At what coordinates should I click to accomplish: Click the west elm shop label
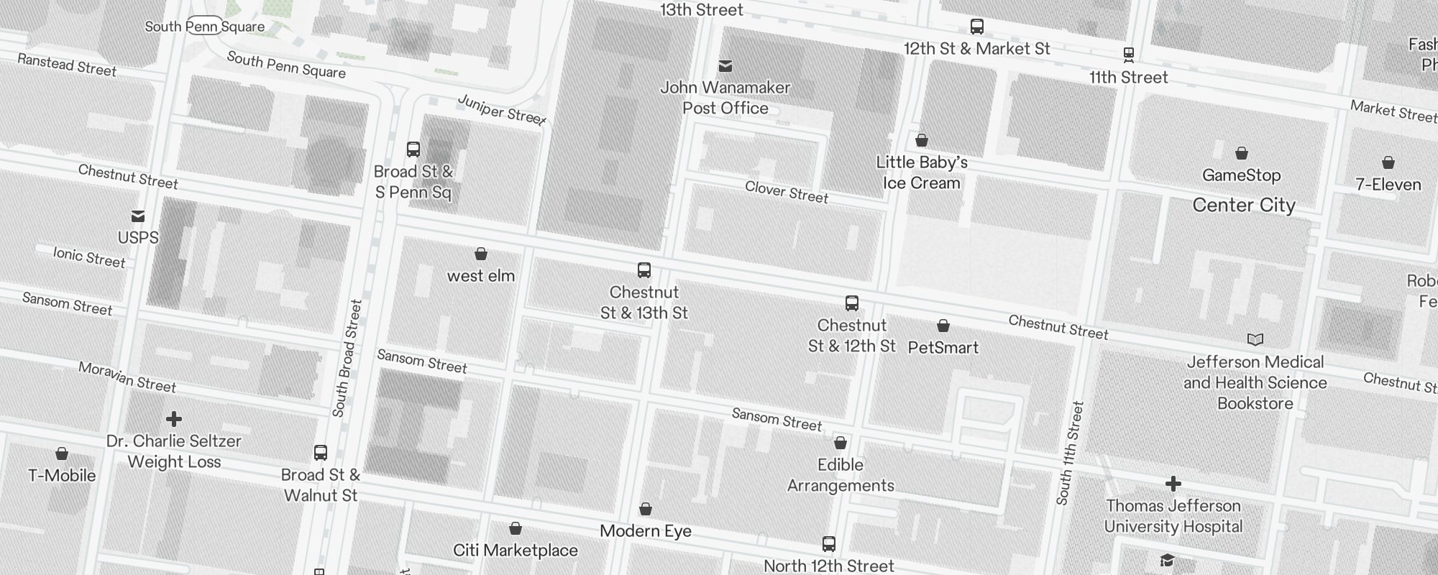tap(481, 276)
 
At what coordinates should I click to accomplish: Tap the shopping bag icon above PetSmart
tap(943, 326)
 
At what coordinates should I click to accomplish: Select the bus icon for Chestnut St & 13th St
tap(644, 270)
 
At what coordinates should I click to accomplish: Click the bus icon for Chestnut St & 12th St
tap(852, 303)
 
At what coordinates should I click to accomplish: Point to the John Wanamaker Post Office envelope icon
tap(725, 66)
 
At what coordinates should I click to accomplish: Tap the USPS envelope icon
tap(137, 216)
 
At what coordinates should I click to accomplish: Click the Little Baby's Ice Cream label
tap(922, 172)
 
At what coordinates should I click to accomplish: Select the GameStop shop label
tap(1242, 175)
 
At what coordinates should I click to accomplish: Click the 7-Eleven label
tap(1388, 185)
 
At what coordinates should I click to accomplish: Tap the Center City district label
tap(1244, 206)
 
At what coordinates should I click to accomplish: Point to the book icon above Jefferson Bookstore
tap(1255, 339)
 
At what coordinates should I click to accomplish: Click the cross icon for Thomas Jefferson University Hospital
tap(1173, 484)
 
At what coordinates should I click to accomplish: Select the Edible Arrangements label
tap(841, 475)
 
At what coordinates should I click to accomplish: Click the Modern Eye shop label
tap(646, 531)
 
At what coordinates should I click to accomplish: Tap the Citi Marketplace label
tap(516, 551)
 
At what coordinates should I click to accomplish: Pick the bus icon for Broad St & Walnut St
tap(321, 453)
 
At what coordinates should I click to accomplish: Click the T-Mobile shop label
tap(62, 476)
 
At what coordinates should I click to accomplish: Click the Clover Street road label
tap(787, 192)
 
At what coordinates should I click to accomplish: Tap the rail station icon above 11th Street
tap(1129, 54)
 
